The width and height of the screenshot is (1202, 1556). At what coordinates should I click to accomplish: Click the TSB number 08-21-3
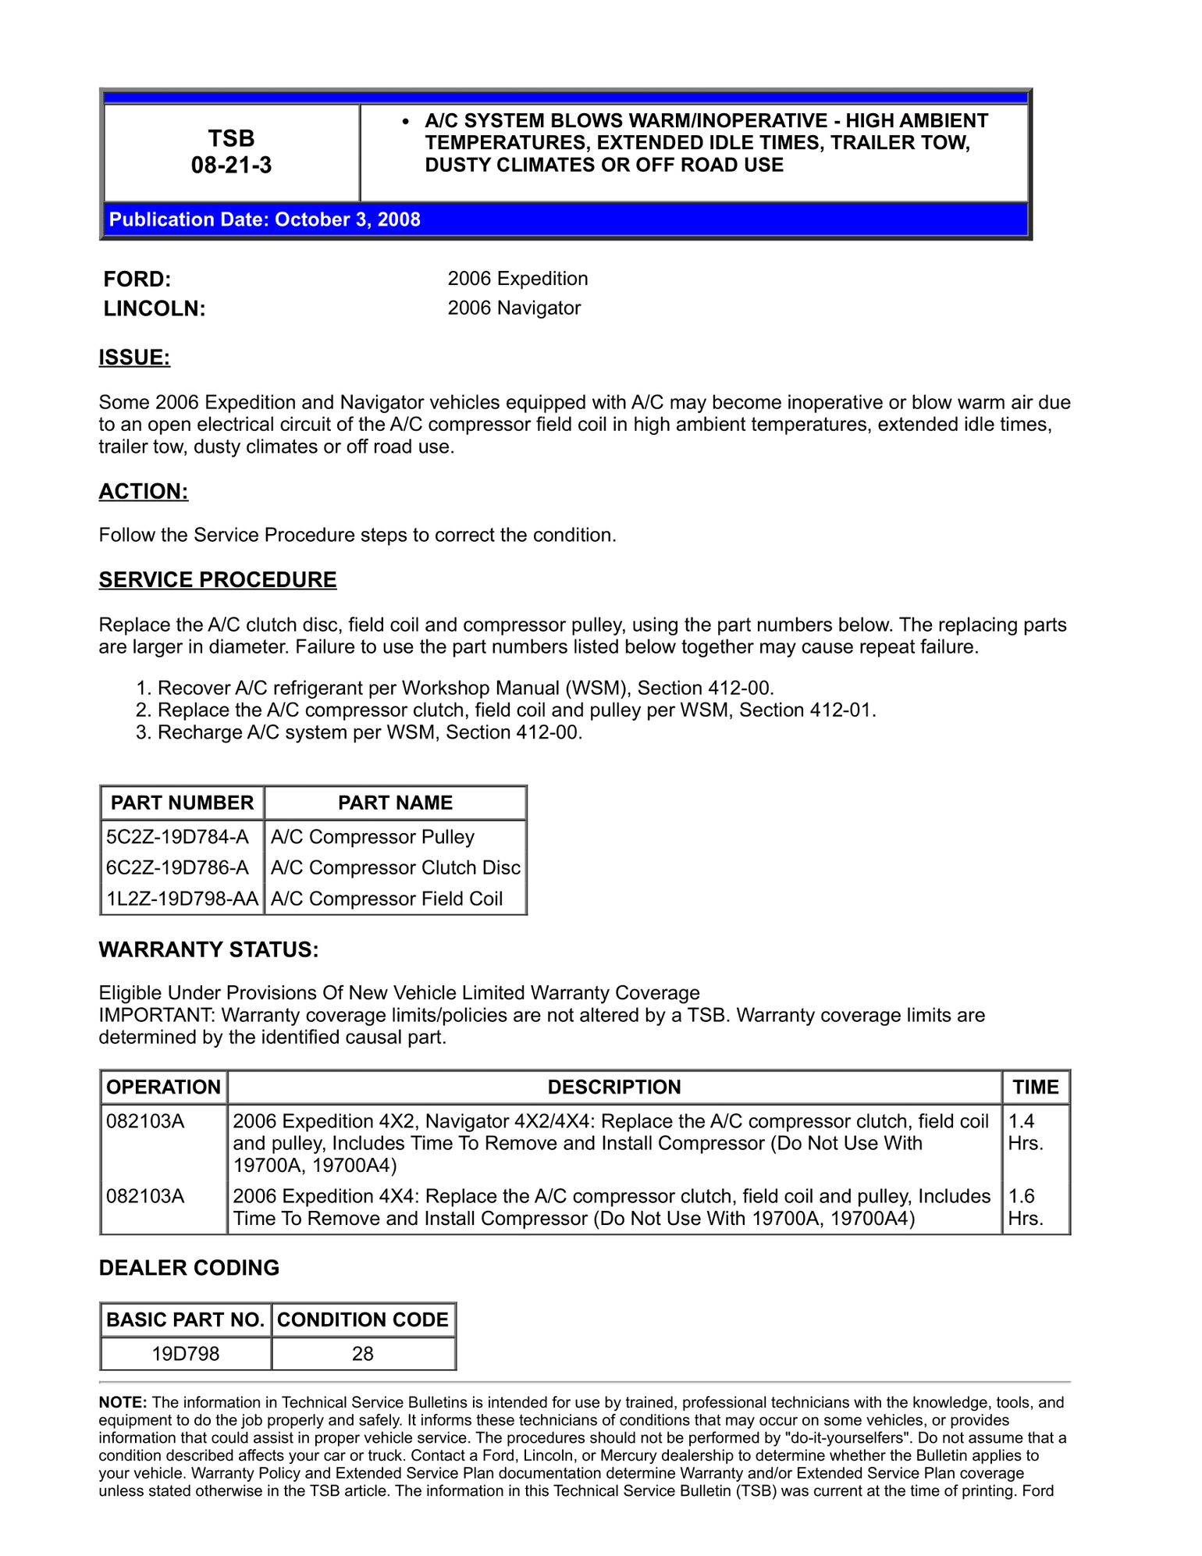pyautogui.click(x=231, y=165)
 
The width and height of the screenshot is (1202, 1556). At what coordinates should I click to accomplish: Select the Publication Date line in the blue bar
pyautogui.click(x=265, y=219)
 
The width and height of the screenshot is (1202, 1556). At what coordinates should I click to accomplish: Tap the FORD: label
pyautogui.click(x=137, y=280)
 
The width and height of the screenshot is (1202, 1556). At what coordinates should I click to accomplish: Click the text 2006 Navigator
pyautogui.click(x=514, y=308)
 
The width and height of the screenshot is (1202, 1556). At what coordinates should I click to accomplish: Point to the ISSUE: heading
pyautogui.click(x=134, y=358)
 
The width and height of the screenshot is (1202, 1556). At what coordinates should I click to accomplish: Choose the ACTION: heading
pyautogui.click(x=144, y=491)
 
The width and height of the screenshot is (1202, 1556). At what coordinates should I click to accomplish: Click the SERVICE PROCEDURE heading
pyautogui.click(x=218, y=579)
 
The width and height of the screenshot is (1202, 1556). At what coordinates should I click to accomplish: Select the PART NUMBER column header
pyautogui.click(x=182, y=803)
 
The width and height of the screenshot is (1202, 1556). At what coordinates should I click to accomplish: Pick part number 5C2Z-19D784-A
pyautogui.click(x=177, y=837)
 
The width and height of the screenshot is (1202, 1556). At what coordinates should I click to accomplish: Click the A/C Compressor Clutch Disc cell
pyautogui.click(x=395, y=867)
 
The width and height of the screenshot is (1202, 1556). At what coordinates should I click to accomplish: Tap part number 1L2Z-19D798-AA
pyautogui.click(x=182, y=899)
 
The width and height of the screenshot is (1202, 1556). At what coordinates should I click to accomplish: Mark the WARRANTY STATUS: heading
pyautogui.click(x=208, y=949)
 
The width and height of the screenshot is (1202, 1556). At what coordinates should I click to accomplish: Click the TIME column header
pyautogui.click(x=1035, y=1087)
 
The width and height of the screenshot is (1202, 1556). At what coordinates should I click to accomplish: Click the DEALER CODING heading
pyautogui.click(x=189, y=1267)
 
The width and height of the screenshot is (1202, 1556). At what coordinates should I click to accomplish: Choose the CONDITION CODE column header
pyautogui.click(x=363, y=1319)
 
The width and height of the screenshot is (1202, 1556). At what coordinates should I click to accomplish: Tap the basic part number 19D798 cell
pyautogui.click(x=186, y=1353)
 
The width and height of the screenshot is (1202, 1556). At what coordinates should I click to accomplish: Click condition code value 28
pyautogui.click(x=363, y=1353)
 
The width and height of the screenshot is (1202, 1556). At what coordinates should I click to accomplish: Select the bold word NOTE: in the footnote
pyautogui.click(x=123, y=1402)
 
